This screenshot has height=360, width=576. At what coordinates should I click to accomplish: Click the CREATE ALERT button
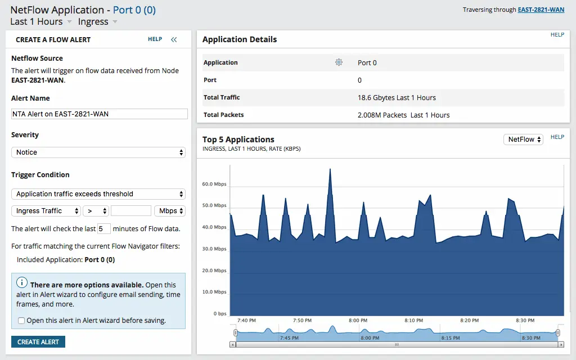pos(38,342)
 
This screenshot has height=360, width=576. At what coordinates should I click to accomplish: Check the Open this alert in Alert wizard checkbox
pos(21,321)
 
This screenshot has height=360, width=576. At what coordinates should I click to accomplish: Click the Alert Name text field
pos(99,114)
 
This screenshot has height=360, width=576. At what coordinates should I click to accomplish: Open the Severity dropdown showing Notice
pos(98,152)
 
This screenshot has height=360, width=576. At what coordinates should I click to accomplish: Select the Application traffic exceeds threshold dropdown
pos(98,194)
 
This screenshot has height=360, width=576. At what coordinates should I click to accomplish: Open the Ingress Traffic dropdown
pos(46,211)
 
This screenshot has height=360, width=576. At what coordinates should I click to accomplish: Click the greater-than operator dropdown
pos(96,211)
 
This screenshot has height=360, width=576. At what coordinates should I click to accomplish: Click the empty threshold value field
pos(131,211)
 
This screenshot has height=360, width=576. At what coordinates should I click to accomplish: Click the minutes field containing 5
pos(104,228)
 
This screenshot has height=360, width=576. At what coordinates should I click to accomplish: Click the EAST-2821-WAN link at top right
pos(541,10)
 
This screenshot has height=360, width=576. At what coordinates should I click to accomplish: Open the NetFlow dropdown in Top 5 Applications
pos(523,139)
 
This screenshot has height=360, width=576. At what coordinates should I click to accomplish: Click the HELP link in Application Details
pos(557,35)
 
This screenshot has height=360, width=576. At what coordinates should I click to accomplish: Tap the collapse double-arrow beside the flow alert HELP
pos(174,39)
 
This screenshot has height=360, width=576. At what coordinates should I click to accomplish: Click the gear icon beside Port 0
pos(339,62)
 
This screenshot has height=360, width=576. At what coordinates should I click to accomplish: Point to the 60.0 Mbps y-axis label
pos(214,184)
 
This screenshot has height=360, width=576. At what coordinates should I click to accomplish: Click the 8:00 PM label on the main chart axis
pos(358,321)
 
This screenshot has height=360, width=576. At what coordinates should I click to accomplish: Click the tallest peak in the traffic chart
pos(330,170)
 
